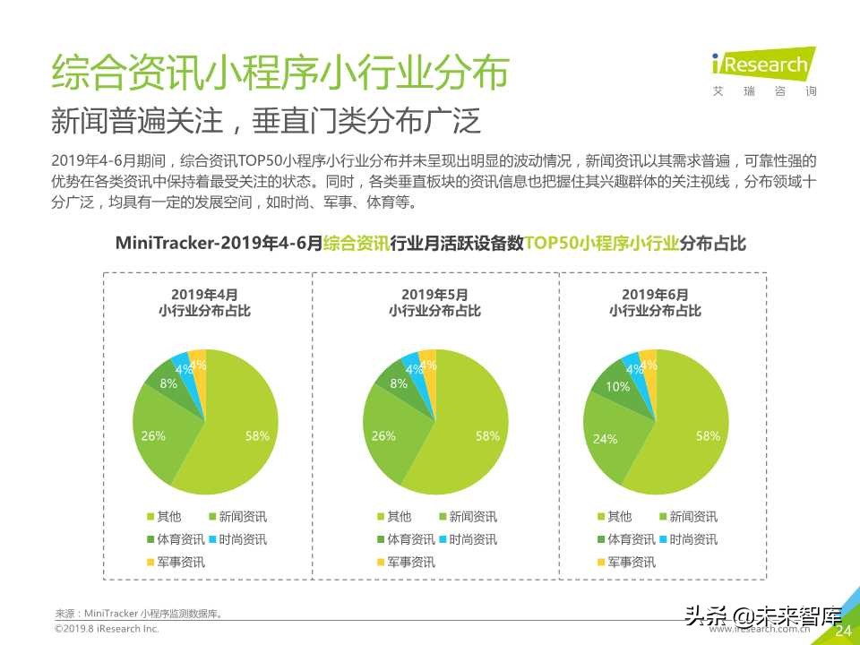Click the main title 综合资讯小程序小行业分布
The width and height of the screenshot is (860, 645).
[x=279, y=73]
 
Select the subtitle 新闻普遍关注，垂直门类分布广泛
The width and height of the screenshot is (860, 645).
[x=266, y=121]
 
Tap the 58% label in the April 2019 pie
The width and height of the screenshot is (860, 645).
[x=257, y=436]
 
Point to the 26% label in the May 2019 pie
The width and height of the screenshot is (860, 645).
[x=383, y=436]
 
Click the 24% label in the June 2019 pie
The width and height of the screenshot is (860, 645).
[x=605, y=440]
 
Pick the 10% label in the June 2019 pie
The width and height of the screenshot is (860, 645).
[x=617, y=387]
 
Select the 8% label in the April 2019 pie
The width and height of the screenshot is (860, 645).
[x=168, y=383]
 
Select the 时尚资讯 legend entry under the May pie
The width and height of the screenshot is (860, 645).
[x=466, y=539]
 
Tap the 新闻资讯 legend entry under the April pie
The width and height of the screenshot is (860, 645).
[x=236, y=517]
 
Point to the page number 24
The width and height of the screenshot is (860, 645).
[x=842, y=632]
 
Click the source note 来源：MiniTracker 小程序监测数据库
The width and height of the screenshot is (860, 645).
[x=139, y=614]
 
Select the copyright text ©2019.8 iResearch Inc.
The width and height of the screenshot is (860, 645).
[x=107, y=630]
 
